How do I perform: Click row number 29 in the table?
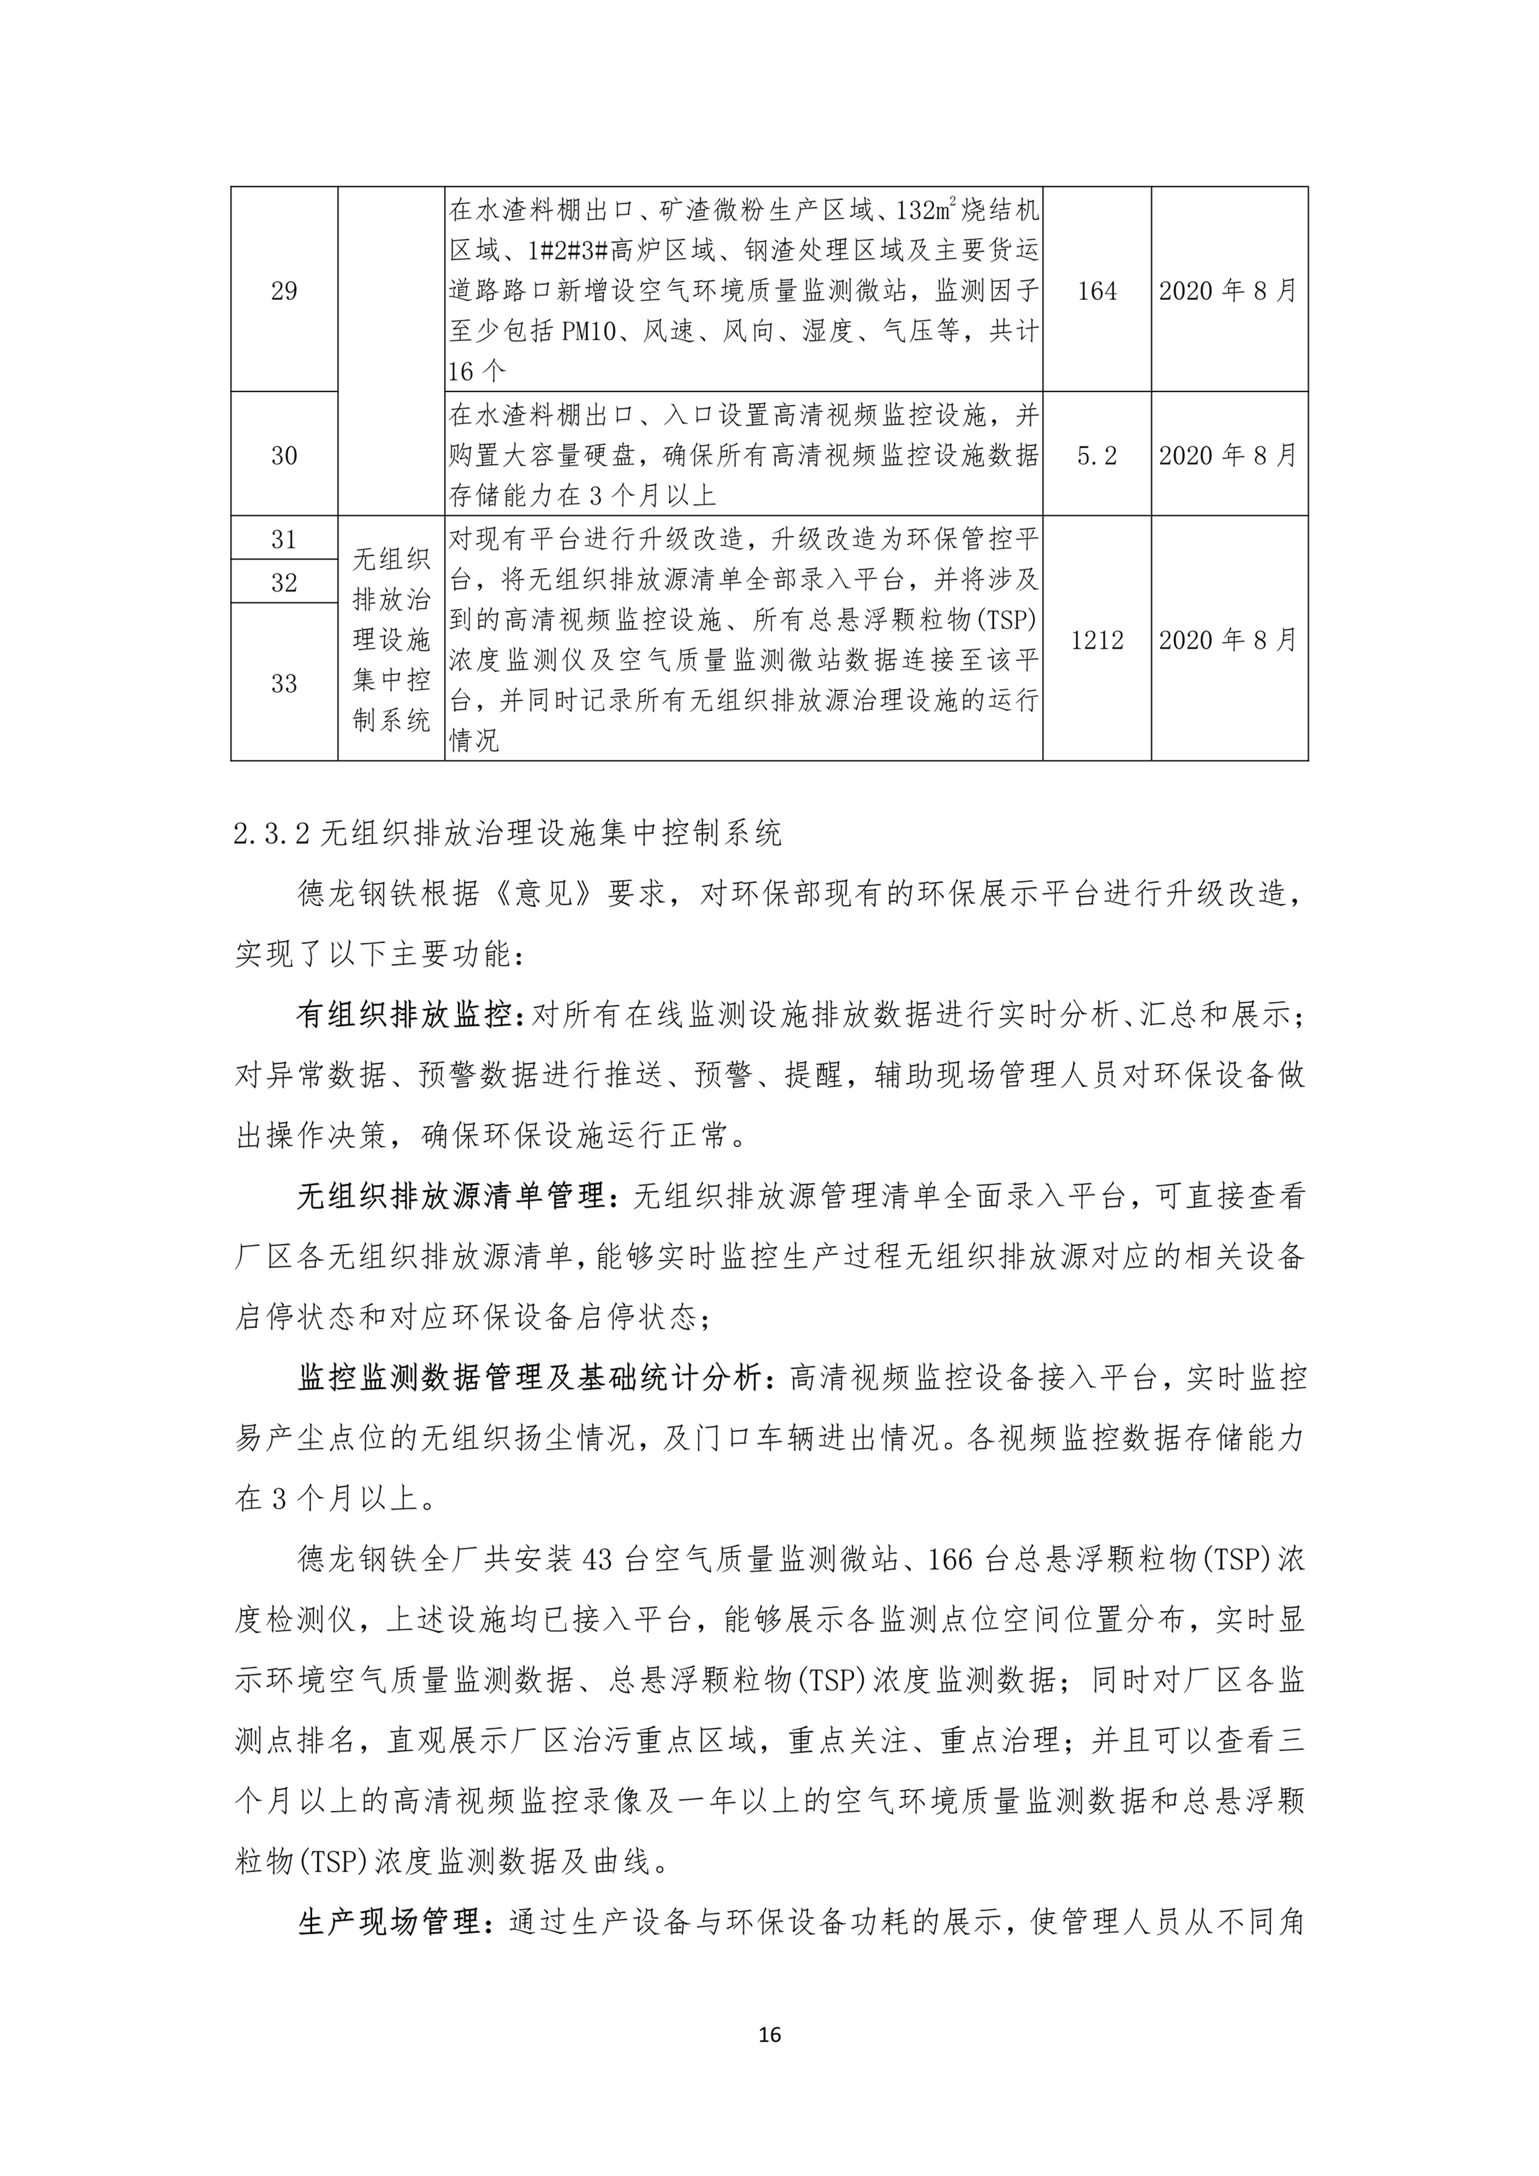coord(284,291)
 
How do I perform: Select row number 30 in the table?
coord(284,456)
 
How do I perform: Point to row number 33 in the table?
coord(284,683)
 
